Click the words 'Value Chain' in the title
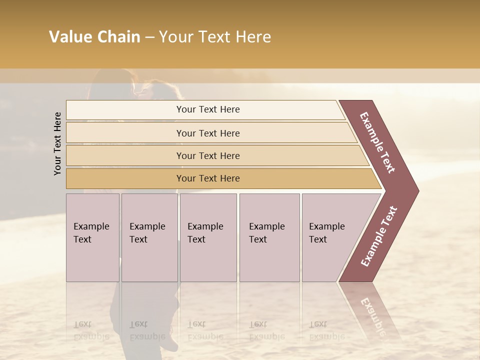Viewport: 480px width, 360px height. tap(94, 37)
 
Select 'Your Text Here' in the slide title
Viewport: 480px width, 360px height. tap(215, 37)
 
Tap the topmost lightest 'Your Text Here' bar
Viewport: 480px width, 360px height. tap(207, 109)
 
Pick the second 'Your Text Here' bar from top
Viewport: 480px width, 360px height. tap(207, 133)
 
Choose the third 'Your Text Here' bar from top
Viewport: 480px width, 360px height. tap(207, 155)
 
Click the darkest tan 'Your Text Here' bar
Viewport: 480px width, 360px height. tap(207, 178)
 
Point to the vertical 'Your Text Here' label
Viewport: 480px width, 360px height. tap(57, 143)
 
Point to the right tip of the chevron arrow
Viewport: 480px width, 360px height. tap(417, 190)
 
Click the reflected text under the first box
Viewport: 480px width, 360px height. tap(91, 330)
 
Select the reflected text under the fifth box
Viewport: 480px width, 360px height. tap(327, 330)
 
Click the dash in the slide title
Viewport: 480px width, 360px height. tap(149, 37)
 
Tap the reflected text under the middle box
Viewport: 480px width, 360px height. tap(205, 330)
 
